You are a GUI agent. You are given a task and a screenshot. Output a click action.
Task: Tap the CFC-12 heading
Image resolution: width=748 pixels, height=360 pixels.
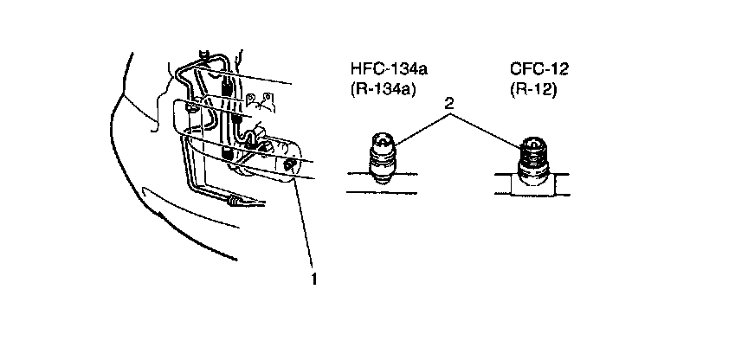[536, 68]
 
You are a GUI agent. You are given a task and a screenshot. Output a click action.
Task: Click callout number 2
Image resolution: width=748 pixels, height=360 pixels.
[448, 103]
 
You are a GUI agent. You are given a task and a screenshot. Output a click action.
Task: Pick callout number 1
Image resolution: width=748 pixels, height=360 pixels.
[314, 279]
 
